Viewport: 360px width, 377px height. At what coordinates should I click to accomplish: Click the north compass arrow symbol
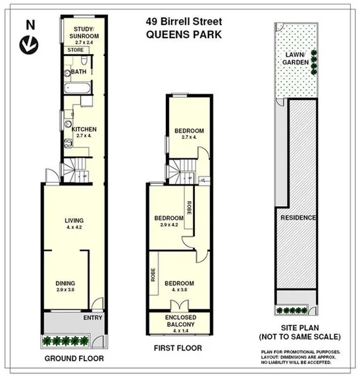[x=28, y=45]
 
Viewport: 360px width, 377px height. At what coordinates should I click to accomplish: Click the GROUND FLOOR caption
[x=73, y=359]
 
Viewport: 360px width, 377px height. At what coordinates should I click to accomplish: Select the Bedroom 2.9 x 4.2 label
[x=168, y=221]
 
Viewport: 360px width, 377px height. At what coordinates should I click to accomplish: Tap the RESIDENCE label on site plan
[x=298, y=218]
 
